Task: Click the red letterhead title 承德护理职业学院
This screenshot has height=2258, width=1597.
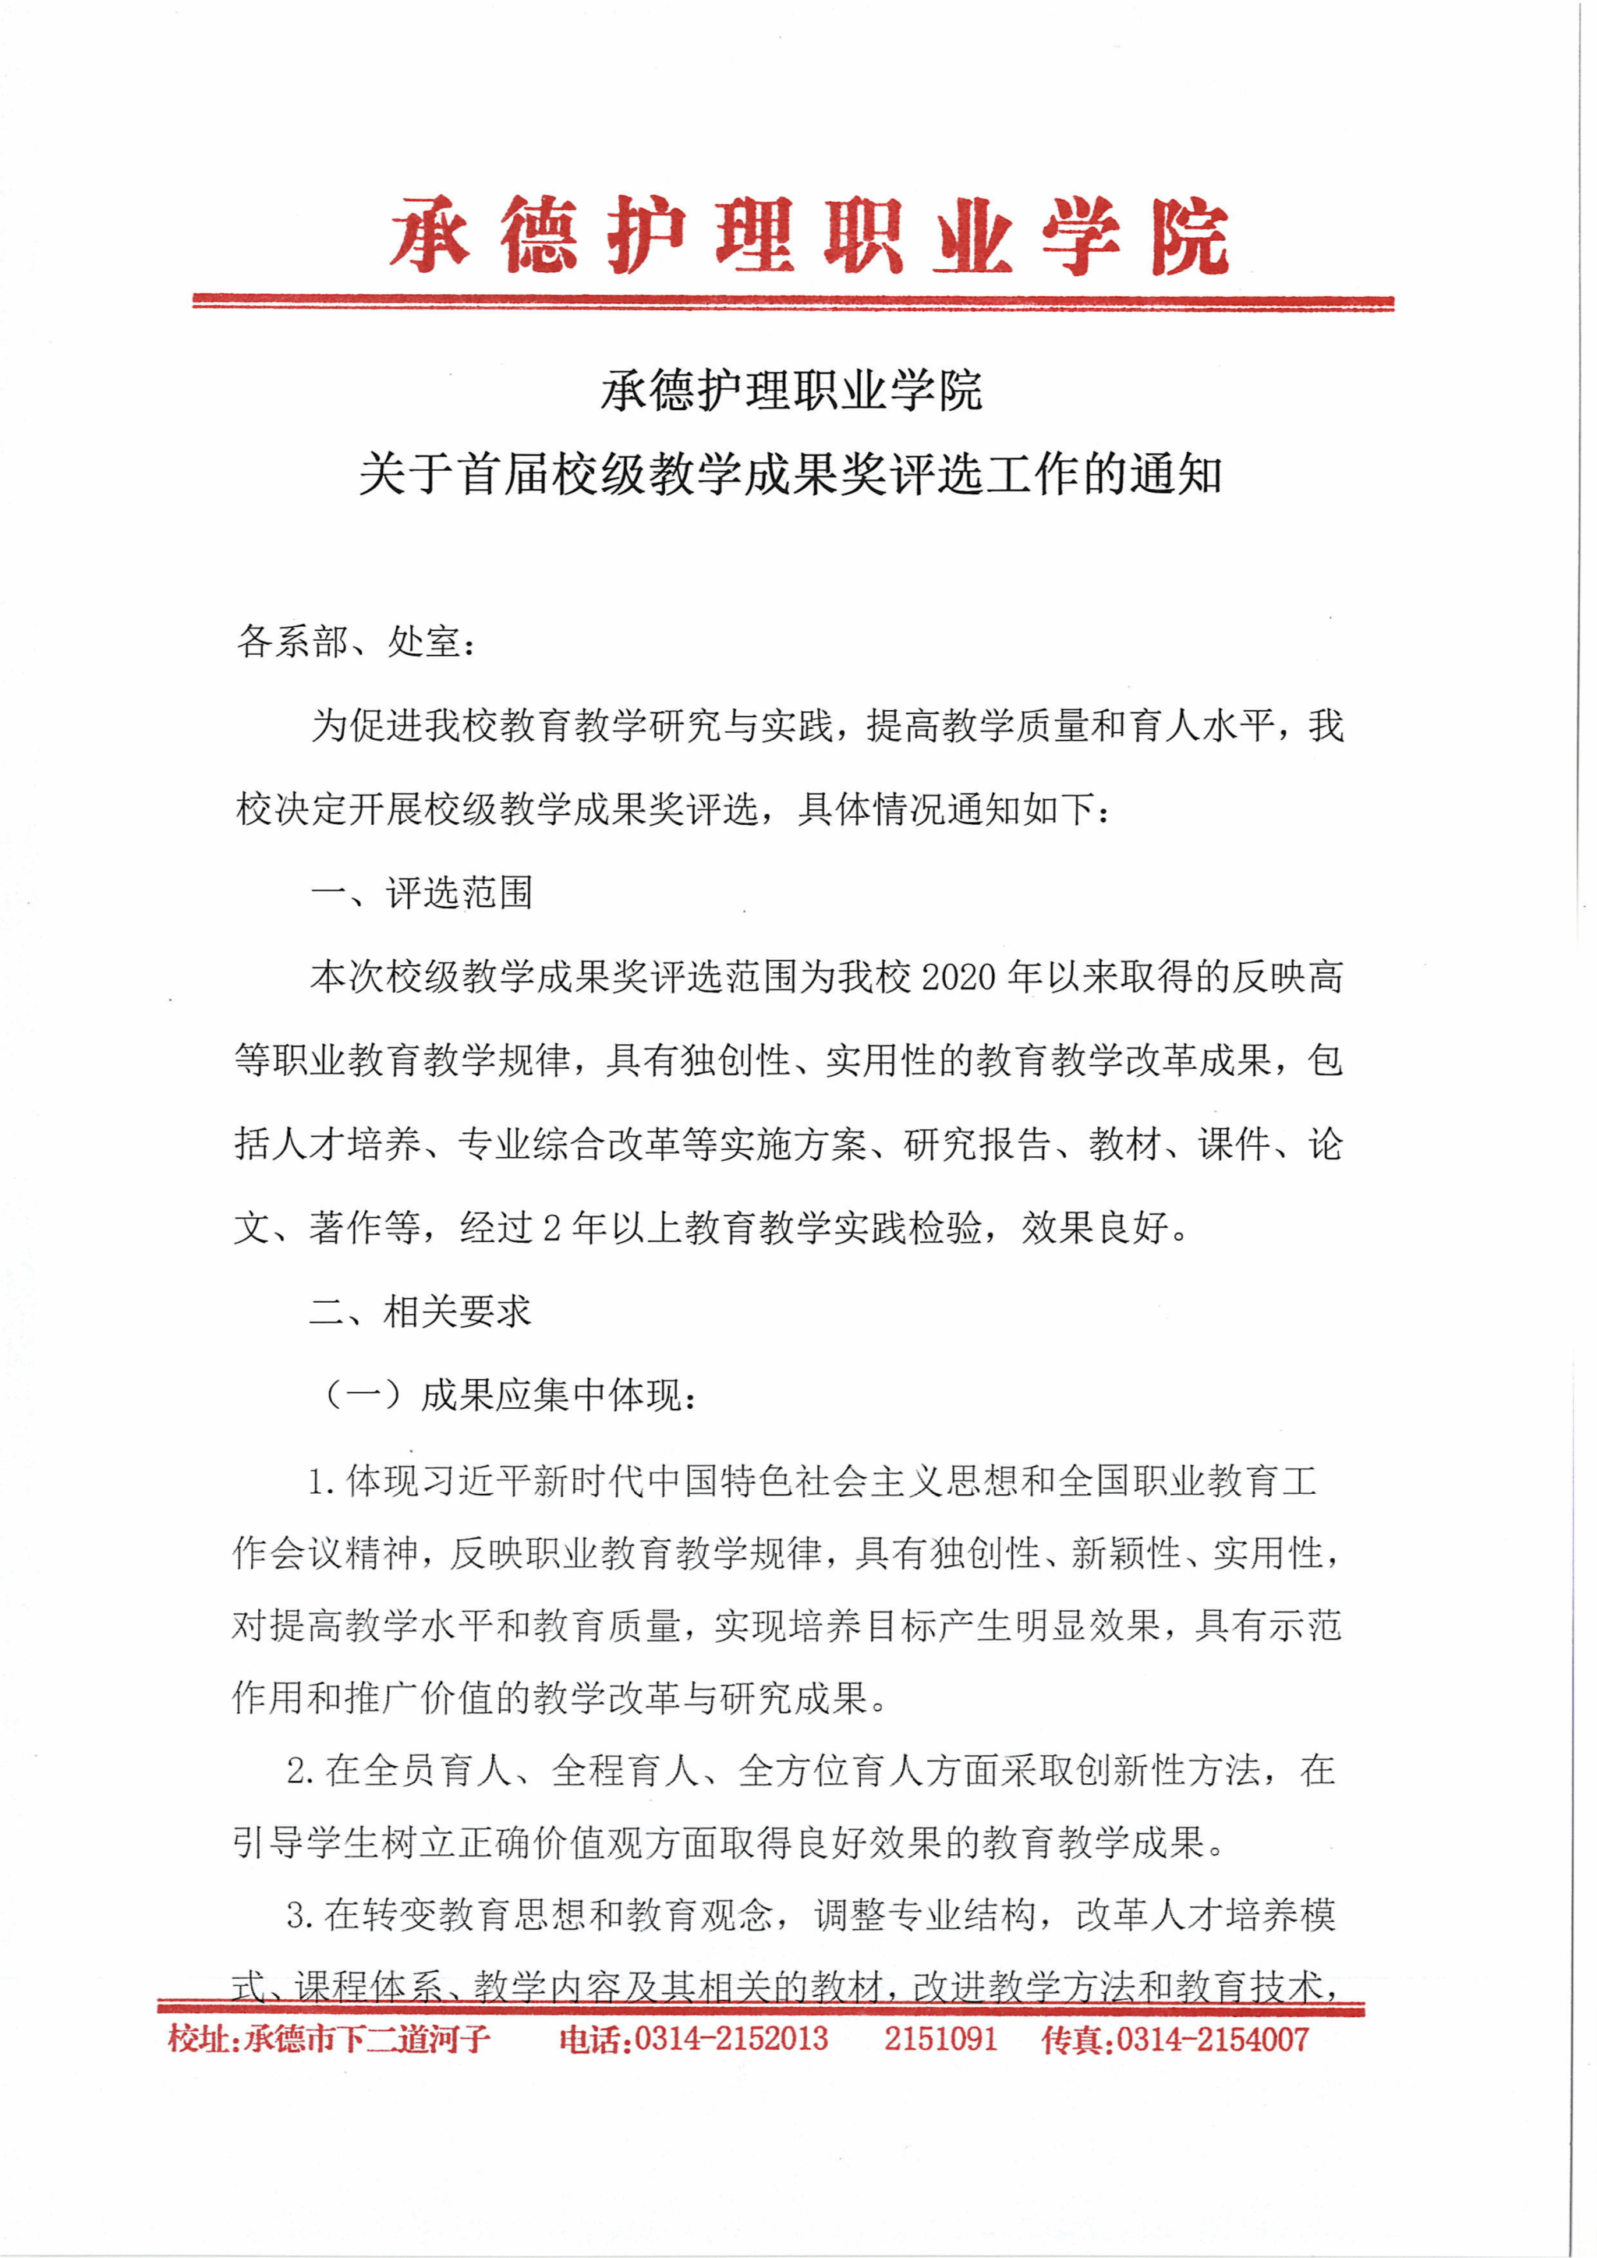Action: [x=809, y=236]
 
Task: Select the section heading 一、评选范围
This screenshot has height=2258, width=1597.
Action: [x=421, y=893]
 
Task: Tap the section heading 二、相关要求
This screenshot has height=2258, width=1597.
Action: [x=420, y=1311]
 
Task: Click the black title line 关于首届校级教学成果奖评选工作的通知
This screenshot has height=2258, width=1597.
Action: [x=791, y=475]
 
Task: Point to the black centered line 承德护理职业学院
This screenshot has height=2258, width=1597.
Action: [x=791, y=391]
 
